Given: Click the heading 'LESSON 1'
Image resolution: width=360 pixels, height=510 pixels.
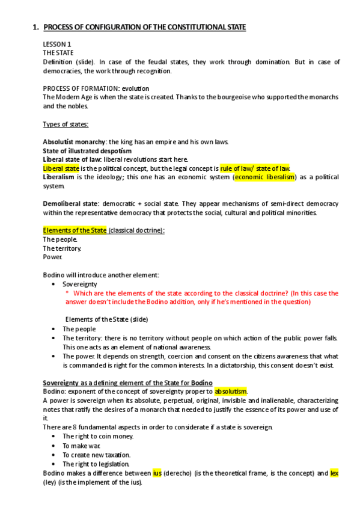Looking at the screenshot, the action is (57, 45).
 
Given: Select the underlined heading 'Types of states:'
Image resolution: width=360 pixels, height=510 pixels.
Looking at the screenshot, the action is (66, 124).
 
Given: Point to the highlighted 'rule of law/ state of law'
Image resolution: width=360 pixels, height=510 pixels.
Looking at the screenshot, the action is (255, 168).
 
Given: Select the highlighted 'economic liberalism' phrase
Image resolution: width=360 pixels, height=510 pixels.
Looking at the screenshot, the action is (265, 177).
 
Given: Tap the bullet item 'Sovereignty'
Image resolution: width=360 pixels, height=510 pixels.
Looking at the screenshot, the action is (80, 283).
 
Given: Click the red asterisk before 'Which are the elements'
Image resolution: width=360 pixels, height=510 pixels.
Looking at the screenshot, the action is (67, 293).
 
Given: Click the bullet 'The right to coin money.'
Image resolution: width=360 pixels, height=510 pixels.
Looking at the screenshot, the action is (98, 436).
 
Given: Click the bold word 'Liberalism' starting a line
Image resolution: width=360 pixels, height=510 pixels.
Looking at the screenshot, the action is (58, 177).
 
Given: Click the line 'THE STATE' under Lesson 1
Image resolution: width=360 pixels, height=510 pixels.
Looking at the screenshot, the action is (58, 53).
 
